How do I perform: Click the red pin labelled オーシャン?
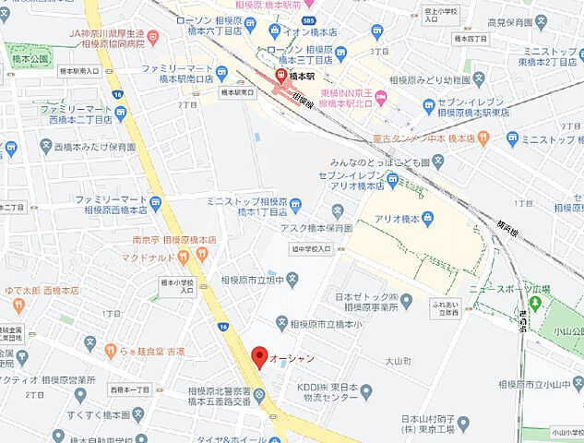tap(259, 356)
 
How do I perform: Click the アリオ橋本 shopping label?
tap(398, 218)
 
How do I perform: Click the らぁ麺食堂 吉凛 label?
tap(158, 351)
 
